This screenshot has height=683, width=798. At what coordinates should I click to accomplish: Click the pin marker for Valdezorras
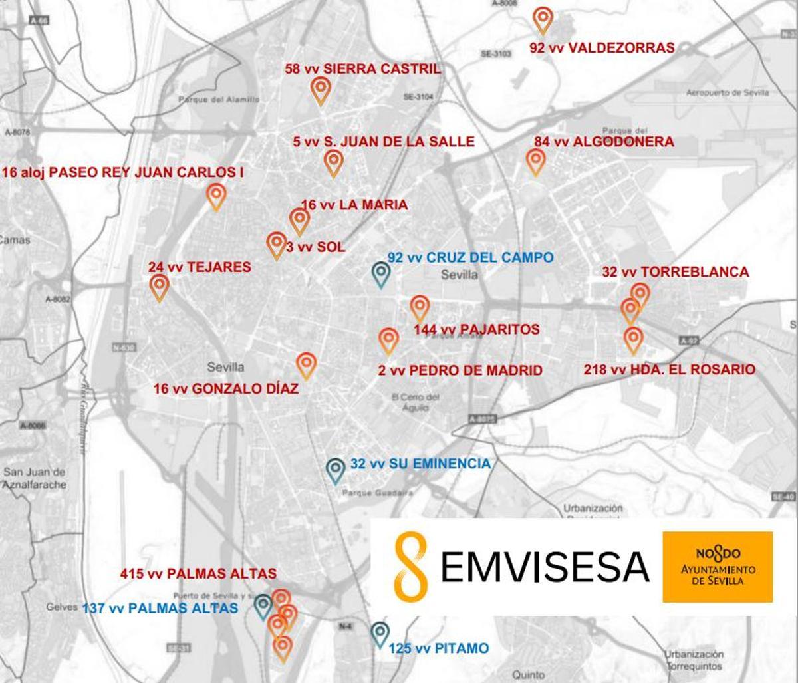(x=543, y=19)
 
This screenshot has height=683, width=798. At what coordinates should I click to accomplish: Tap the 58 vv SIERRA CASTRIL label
(x=362, y=68)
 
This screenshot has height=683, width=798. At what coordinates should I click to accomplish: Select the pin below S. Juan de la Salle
(x=333, y=162)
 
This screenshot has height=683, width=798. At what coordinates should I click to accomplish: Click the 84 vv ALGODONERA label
(x=604, y=142)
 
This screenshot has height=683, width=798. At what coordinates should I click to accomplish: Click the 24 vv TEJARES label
(x=199, y=267)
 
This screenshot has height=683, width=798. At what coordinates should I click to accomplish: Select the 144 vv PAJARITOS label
(x=476, y=330)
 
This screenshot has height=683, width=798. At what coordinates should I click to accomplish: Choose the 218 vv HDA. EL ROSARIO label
(x=669, y=370)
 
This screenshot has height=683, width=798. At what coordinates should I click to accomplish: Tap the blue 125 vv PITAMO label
(x=439, y=648)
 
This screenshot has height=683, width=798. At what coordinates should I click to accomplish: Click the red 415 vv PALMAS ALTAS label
(x=198, y=573)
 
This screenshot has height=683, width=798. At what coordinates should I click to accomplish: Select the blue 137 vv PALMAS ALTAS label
(x=160, y=608)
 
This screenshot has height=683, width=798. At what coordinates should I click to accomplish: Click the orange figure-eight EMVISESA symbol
(x=410, y=565)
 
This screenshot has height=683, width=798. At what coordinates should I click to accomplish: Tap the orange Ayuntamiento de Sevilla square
(x=718, y=567)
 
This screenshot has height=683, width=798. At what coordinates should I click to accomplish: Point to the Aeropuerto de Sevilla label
(x=727, y=93)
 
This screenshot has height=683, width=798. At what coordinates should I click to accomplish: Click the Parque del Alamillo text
(x=217, y=100)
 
